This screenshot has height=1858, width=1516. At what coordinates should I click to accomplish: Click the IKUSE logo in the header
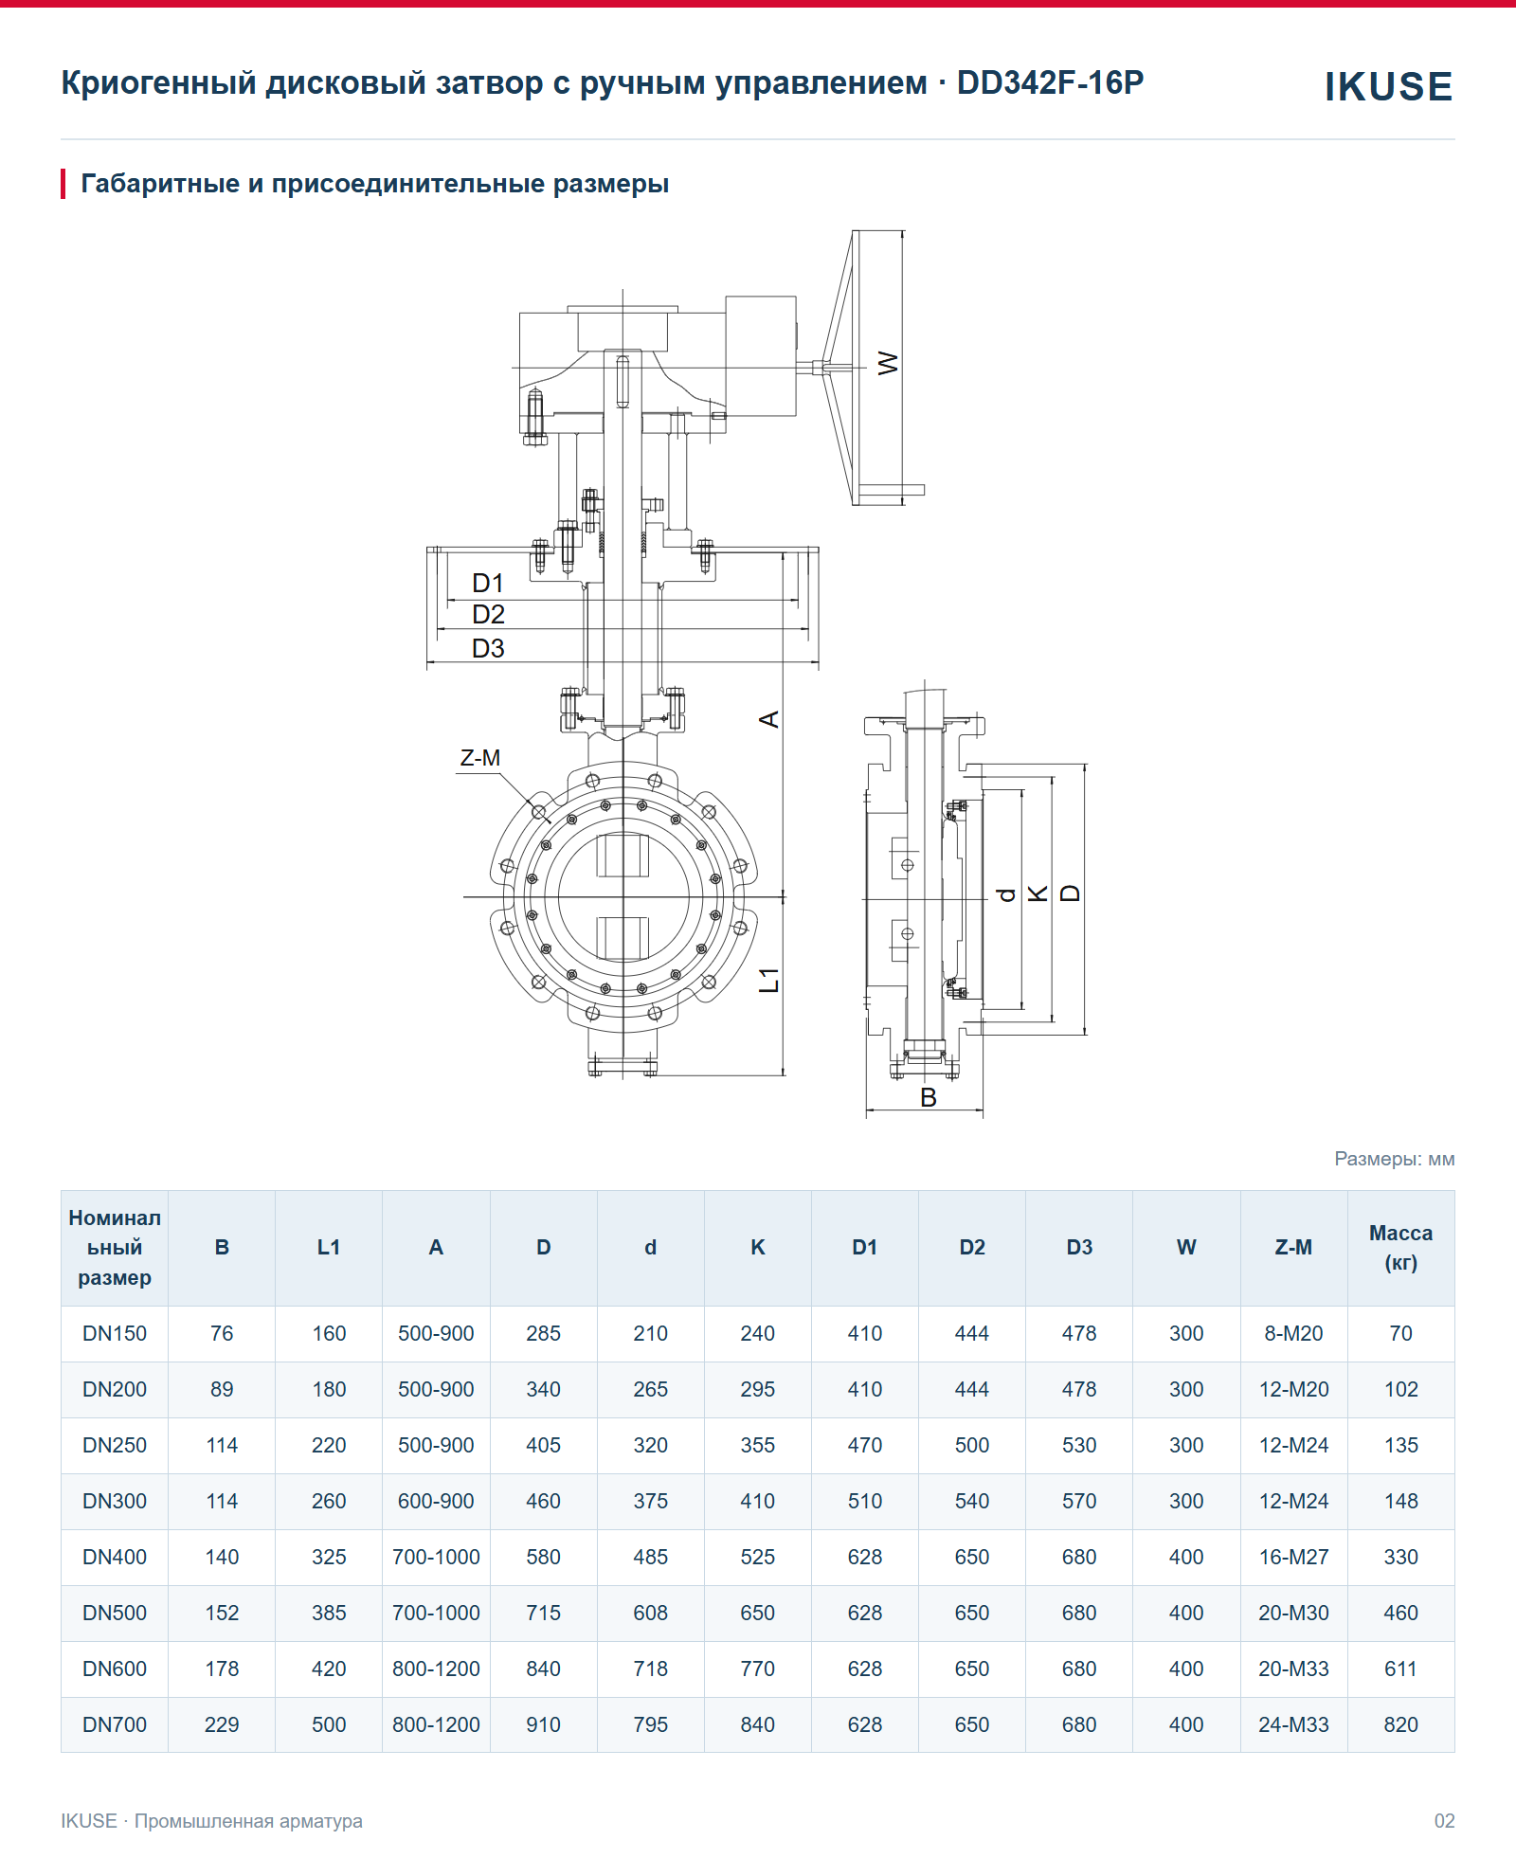point(1388,86)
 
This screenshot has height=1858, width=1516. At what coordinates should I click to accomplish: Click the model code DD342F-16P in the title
point(1050,83)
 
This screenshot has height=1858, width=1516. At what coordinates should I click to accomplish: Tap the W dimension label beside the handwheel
point(888,363)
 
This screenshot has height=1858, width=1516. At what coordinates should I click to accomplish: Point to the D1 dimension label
point(488,583)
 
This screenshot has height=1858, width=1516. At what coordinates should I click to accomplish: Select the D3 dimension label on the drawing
point(488,648)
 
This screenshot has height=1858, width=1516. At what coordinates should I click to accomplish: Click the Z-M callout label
point(480,758)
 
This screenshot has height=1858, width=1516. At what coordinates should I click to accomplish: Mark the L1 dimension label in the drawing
point(769,980)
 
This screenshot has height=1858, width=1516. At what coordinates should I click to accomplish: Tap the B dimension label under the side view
point(929,1097)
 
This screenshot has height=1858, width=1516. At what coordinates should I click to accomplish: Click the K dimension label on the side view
point(1038,893)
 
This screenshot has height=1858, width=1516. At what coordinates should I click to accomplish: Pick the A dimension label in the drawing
point(769,719)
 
